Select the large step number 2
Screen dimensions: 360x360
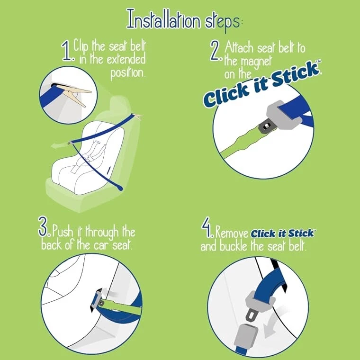[216, 52]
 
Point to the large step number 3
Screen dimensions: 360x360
[44, 228]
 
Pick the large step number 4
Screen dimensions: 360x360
[207, 230]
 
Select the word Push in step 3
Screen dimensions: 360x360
[63, 232]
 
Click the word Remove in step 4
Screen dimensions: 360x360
[232, 234]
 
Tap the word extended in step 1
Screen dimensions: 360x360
[120, 60]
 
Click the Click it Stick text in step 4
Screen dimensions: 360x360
[282, 234]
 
